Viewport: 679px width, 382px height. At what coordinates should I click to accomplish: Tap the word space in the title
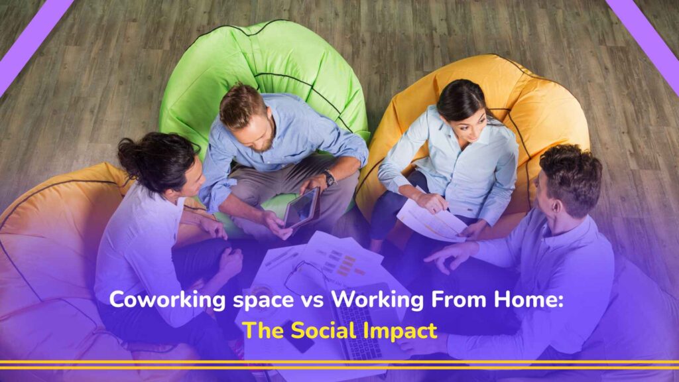251,301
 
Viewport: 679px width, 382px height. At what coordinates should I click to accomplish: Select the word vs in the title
303,300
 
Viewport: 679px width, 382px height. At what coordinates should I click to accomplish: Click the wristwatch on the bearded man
330,178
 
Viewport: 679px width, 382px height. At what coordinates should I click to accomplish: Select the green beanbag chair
265,73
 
